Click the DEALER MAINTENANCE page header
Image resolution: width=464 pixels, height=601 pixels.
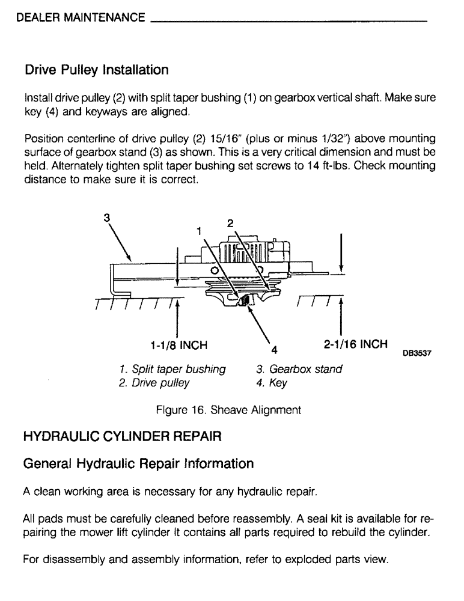[81, 17]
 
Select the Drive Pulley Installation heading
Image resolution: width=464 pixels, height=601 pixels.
[96, 70]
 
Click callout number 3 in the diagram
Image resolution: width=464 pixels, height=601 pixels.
[106, 219]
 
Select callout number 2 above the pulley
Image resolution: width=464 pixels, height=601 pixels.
[230, 223]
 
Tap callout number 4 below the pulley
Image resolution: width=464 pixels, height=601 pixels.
[274, 349]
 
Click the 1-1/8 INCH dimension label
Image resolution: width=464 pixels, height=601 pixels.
[178, 346]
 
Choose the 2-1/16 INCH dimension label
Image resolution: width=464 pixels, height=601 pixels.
[355, 344]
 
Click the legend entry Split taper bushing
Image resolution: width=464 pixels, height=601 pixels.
[173, 369]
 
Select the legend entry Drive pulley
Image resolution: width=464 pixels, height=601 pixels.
[154, 383]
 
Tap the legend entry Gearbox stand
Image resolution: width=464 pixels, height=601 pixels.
[299, 369]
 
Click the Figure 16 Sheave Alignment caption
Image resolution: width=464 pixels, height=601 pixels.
[228, 410]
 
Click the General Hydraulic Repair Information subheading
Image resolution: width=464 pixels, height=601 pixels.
[138, 464]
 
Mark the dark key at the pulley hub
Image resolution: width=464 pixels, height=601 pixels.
[243, 300]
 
